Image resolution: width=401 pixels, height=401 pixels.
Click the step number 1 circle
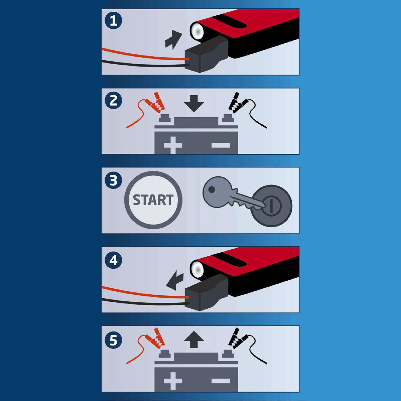click(x=113, y=21)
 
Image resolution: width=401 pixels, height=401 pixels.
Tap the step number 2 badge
click(x=113, y=100)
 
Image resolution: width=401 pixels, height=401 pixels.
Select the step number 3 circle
click(x=113, y=180)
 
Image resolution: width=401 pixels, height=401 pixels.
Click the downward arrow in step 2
click(x=194, y=103)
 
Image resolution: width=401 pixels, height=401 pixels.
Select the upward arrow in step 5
click(x=194, y=340)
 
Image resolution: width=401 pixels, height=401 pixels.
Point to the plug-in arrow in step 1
click(x=173, y=39)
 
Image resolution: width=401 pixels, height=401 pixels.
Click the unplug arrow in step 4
click(x=175, y=280)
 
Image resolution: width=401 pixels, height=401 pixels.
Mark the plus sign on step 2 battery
click(x=173, y=145)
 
